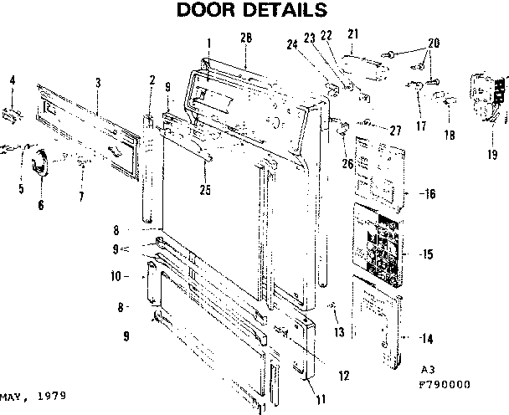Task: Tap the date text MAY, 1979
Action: pyautogui.click(x=33, y=394)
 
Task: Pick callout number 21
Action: pyautogui.click(x=352, y=33)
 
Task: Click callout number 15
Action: pyautogui.click(x=427, y=254)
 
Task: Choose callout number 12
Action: pyautogui.click(x=343, y=376)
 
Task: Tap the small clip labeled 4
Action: pyautogui.click(x=13, y=112)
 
